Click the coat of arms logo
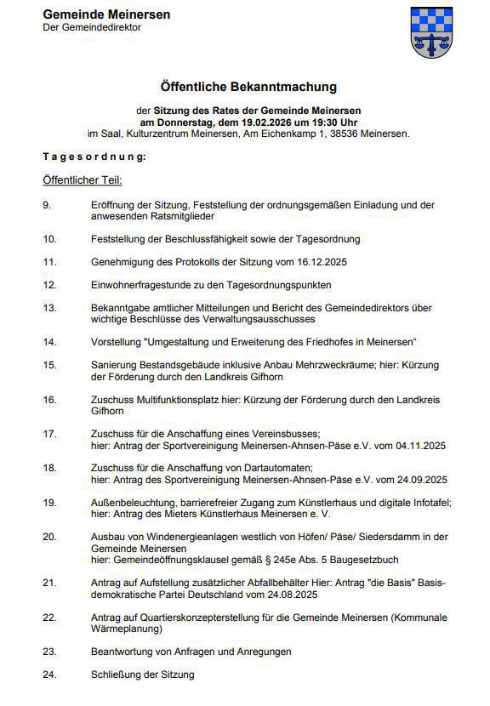(431, 31)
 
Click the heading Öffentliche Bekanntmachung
(248, 87)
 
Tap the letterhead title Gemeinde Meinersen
(105, 14)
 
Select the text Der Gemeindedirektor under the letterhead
(92, 27)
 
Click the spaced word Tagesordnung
(94, 157)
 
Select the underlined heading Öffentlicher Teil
(83, 180)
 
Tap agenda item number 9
(47, 205)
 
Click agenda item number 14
(49, 341)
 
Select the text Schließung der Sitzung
(142, 675)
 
